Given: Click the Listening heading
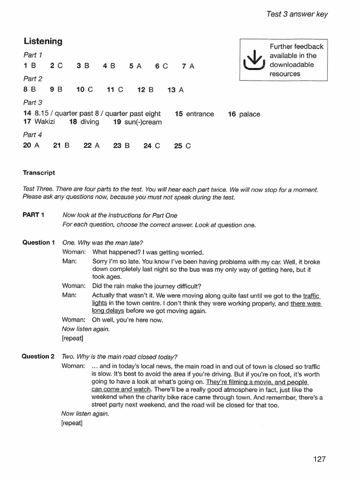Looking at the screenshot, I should click(x=43, y=41).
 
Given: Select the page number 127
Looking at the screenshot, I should click(x=319, y=459).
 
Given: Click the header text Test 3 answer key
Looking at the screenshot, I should click(x=297, y=14).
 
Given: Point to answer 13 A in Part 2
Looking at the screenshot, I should click(x=175, y=90).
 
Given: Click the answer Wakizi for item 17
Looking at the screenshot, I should click(x=45, y=122).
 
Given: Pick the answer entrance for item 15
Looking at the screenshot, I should click(x=200, y=114).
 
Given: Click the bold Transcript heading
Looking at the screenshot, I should click(x=39, y=172).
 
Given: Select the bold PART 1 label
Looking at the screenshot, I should click(x=33, y=215).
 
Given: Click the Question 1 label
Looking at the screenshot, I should click(x=38, y=242).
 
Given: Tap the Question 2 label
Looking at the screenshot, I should click(x=38, y=356).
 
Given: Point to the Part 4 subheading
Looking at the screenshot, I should click(x=32, y=135).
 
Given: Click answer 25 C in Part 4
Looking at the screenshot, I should click(x=182, y=146).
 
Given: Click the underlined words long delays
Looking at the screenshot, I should click(x=108, y=311).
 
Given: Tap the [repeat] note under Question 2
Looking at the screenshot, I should click(x=72, y=423).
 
